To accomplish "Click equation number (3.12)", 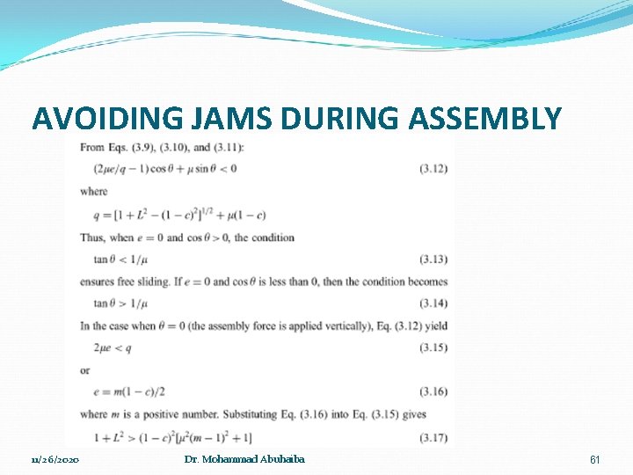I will (x=433, y=169).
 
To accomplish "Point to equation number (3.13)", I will (x=433, y=259).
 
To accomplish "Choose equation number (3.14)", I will (x=433, y=304).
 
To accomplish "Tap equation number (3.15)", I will (x=433, y=349).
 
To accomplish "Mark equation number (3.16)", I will (x=433, y=393).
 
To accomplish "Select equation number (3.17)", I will (x=433, y=438).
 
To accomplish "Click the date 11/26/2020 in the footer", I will (x=55, y=461).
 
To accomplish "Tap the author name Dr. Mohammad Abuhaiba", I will (x=244, y=460).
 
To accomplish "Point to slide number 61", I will (x=594, y=460).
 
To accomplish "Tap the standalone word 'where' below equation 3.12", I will (x=93, y=192).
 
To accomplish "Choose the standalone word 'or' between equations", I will (x=85, y=371).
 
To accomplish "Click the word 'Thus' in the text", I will (x=92, y=237).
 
